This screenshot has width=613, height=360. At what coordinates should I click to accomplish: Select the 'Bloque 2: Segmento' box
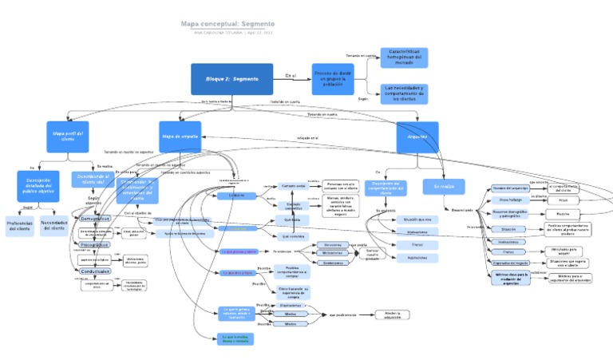coord(231,79)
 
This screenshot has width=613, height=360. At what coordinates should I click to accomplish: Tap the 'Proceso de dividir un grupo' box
coord(334,80)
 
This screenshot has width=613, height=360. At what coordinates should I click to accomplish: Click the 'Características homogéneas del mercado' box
coord(403,57)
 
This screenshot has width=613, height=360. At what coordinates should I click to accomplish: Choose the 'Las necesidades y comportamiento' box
coord(403,93)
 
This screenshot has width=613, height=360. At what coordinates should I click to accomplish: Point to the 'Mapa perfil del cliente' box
coord(68,136)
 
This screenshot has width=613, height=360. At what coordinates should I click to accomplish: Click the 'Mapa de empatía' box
coord(180,136)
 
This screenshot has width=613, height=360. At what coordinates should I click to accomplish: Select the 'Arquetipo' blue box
coord(417,136)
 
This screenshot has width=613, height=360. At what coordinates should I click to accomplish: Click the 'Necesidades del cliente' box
coord(53,226)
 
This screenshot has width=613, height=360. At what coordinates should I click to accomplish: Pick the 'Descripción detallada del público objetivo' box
coord(38,188)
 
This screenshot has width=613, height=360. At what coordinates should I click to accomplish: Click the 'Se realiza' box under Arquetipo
coord(444,186)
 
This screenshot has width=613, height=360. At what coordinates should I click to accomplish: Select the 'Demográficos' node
coord(95,218)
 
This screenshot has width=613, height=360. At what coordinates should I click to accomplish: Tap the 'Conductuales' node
coord(95,271)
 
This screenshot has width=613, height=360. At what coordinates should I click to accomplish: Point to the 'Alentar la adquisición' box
coord(386,315)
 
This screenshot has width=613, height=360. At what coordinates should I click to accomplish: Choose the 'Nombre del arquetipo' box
coord(510,188)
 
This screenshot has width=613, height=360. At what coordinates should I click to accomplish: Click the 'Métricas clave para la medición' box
coord(511,278)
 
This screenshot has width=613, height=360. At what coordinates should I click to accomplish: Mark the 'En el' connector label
coord(290,76)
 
